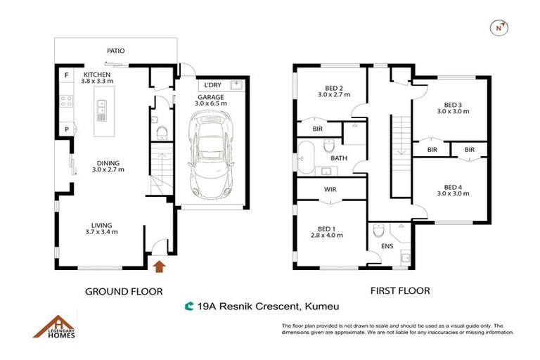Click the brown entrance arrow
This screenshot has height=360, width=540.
pos(159,266)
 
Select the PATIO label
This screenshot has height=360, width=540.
pos(116,51)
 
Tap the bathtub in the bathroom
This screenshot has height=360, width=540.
pos(306,157)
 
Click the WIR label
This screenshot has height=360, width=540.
pos(330,189)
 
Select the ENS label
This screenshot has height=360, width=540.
pos(387,246)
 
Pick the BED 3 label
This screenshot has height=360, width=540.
pos(453,103)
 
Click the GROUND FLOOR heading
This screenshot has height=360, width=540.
pos(124,291)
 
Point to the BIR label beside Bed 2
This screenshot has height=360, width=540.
pos(317,129)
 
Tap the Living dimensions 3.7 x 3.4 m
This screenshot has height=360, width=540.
pos(101,231)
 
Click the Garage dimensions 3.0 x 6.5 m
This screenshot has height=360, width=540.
pos(211,103)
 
